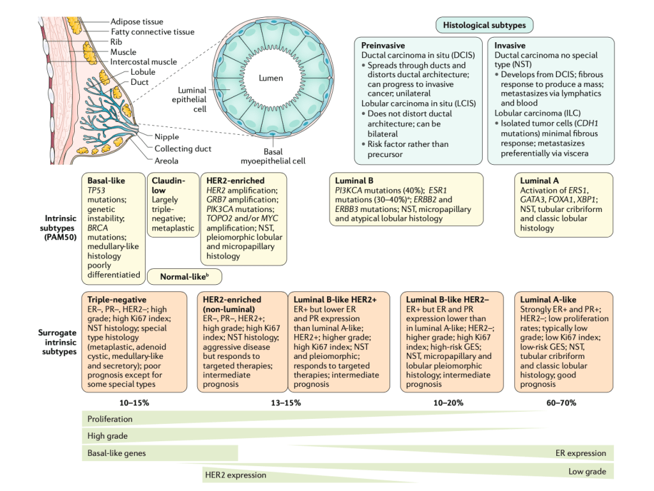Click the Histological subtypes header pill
[485, 25]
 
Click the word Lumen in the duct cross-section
[270, 79]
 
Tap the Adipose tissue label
[137, 22]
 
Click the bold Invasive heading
[510, 45]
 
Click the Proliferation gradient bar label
[110, 419]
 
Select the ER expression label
[581, 453]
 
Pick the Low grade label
[587, 471]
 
